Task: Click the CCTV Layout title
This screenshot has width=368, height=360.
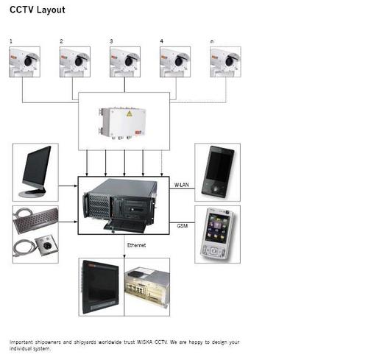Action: [38, 10]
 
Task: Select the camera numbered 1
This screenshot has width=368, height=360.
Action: [24, 62]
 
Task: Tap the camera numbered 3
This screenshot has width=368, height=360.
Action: [125, 62]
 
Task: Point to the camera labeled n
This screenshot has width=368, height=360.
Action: [225, 62]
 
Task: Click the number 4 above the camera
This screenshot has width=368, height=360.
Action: [161, 41]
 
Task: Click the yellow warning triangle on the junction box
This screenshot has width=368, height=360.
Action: [130, 114]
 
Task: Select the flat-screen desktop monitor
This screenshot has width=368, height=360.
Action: [36, 172]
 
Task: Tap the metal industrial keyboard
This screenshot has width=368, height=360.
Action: [36, 219]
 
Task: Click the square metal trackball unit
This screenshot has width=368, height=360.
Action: [46, 245]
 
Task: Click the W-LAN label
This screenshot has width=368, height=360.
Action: [182, 185]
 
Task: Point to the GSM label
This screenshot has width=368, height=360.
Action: [183, 225]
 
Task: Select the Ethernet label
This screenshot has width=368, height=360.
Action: [136, 245]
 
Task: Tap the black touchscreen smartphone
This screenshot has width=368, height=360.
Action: [218, 172]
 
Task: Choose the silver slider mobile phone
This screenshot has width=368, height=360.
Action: [218, 233]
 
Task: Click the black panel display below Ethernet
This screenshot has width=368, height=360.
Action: [100, 287]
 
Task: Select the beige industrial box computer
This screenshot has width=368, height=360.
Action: [147, 287]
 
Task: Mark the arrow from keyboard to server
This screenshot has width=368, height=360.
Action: [68, 222]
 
